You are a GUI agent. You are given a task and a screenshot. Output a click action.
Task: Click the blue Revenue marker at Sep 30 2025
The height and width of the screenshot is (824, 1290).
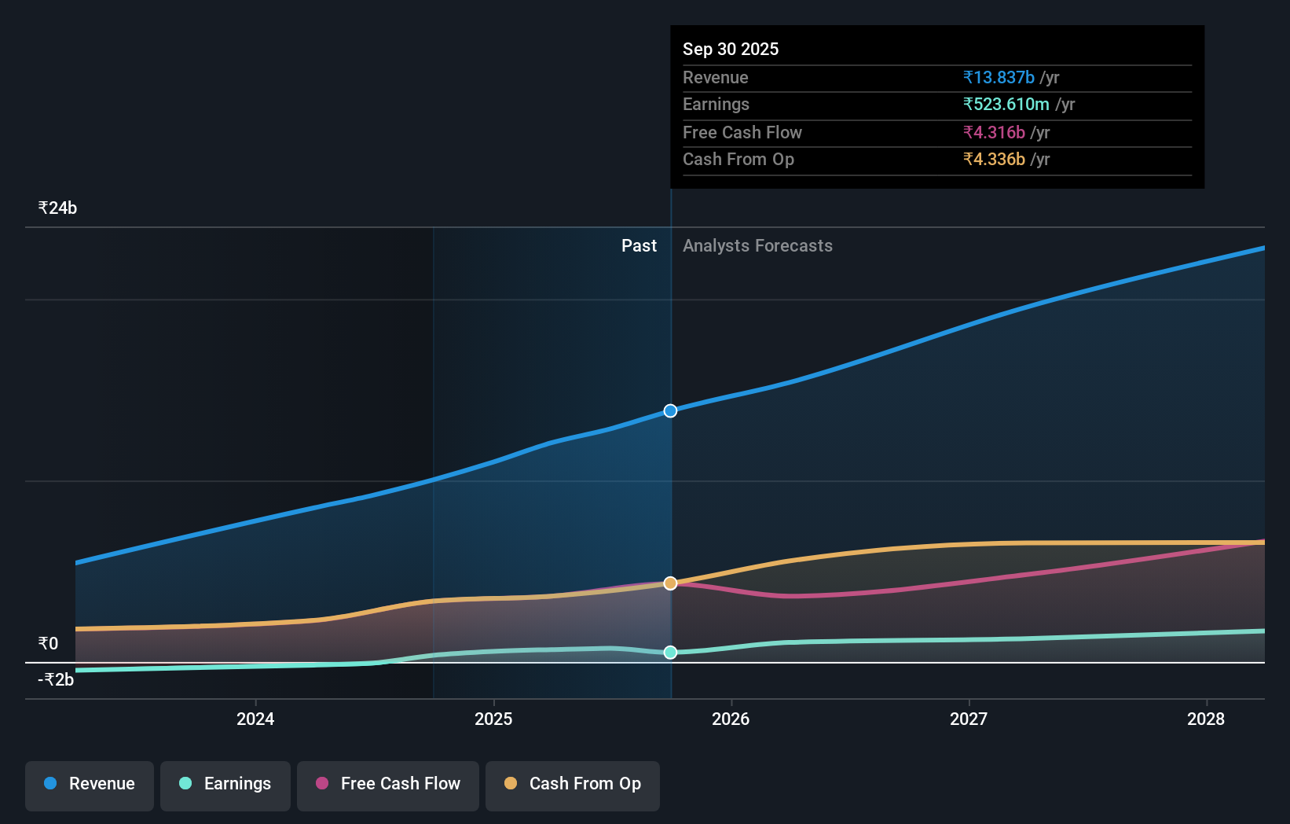point(670,410)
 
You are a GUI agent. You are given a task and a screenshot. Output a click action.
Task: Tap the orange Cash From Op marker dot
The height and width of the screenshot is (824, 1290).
point(670,583)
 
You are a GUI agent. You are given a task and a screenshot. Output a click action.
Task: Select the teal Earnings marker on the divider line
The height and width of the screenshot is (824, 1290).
point(670,653)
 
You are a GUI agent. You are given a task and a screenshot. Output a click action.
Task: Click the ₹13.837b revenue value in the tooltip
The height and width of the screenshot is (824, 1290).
point(999,78)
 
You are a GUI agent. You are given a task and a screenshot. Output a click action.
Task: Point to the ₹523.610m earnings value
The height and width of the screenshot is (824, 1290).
point(1006,105)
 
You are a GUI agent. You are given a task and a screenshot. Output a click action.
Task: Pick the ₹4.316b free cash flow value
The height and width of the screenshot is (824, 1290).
point(994,133)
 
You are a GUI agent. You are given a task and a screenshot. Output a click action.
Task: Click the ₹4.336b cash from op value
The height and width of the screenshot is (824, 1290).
point(994,160)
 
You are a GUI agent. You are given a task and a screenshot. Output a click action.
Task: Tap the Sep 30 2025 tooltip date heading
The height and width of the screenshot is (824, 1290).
point(731,50)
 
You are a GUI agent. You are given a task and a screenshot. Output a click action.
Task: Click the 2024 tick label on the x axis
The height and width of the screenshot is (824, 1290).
point(255,719)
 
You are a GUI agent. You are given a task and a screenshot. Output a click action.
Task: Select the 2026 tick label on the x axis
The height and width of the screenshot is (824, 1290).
point(731,719)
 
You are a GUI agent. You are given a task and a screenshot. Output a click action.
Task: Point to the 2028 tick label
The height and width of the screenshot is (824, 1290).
point(1206,719)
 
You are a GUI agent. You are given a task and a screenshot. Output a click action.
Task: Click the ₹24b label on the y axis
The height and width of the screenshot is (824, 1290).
point(57,208)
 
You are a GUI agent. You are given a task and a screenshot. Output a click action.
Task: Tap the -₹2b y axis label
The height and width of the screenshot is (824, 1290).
point(56,680)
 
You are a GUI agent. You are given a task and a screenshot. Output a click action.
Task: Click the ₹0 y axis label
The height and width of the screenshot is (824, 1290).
point(48,644)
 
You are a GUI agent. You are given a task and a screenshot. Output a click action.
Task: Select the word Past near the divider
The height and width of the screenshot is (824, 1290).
point(639,246)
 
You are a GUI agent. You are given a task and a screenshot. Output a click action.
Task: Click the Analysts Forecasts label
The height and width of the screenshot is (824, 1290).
point(757,246)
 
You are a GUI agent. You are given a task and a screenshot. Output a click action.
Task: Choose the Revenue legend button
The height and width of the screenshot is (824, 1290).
point(90,785)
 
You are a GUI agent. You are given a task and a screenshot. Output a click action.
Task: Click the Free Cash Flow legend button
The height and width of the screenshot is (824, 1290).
point(388,785)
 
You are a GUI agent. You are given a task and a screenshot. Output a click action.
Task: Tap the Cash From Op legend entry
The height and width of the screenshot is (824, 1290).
point(573,785)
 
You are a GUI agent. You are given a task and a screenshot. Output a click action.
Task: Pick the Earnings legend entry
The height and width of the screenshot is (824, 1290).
point(225,785)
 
